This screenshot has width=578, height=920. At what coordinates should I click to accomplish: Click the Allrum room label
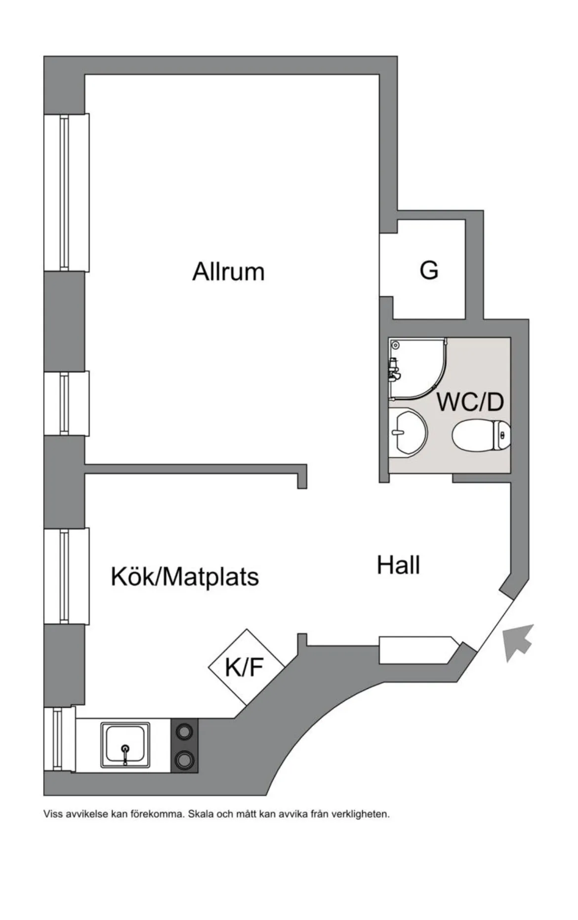(x=228, y=272)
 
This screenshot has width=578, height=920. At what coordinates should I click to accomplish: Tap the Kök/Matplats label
(x=184, y=576)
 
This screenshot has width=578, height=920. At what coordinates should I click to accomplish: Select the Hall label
(x=398, y=565)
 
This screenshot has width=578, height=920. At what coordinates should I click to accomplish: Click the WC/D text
(x=470, y=401)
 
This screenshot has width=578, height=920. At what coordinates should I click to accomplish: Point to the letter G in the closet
(x=429, y=270)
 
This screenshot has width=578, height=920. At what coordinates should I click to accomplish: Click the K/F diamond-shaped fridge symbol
(x=246, y=667)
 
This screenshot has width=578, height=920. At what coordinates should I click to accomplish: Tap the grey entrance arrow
(x=518, y=642)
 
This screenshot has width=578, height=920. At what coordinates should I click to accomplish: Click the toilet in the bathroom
(x=481, y=435)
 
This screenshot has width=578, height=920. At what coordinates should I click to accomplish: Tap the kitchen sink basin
(x=125, y=745)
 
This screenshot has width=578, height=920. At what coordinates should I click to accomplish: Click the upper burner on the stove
(x=184, y=731)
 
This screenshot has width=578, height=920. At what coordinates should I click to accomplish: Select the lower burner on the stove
(x=184, y=760)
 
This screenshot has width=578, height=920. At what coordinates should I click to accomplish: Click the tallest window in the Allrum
(x=66, y=193)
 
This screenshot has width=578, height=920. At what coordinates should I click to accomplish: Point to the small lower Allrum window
(x=66, y=403)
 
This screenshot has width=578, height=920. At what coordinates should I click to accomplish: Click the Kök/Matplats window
(x=66, y=576)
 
